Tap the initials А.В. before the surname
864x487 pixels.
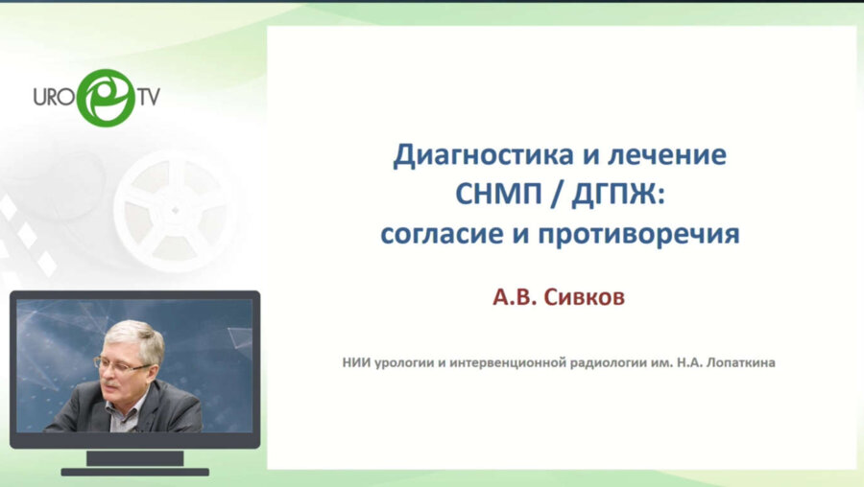[x=517, y=298]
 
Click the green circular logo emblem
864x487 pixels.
[x=105, y=97]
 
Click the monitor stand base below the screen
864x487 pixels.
[x=134, y=471]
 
